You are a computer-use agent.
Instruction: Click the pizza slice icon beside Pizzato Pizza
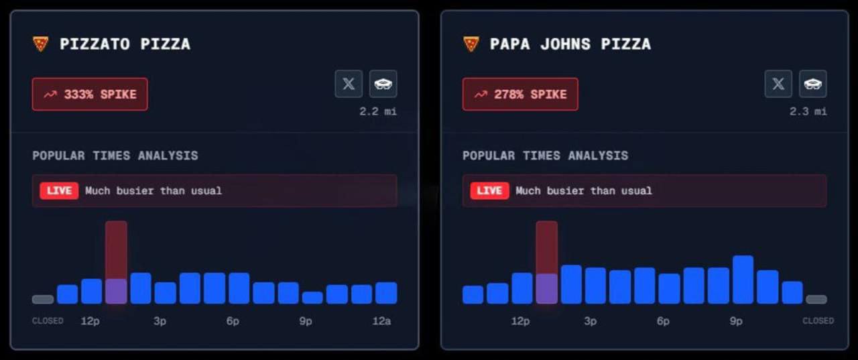point(41,44)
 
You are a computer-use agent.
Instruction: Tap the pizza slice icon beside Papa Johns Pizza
point(471,44)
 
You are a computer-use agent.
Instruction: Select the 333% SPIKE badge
point(90,95)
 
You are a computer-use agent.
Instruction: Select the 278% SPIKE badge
point(520,95)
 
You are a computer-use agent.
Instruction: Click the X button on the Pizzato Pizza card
point(349,84)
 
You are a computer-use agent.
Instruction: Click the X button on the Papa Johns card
point(778,84)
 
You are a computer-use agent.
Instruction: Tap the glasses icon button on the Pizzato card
point(383,84)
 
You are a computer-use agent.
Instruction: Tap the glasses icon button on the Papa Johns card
point(812,84)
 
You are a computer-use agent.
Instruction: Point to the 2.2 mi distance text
point(377,111)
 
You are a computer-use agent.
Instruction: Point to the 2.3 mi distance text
point(808,111)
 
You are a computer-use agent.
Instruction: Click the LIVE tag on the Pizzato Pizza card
point(59,190)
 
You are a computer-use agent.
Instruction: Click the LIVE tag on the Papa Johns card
point(489,190)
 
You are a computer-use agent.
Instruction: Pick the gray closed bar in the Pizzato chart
point(43,300)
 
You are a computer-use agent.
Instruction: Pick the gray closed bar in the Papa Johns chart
point(816,300)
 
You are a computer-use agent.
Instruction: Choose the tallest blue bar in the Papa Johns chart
point(743,280)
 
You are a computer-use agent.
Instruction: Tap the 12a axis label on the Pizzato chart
point(381,321)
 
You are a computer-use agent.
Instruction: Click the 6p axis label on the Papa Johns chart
point(663,321)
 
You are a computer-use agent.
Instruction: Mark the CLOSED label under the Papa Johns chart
point(818,321)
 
